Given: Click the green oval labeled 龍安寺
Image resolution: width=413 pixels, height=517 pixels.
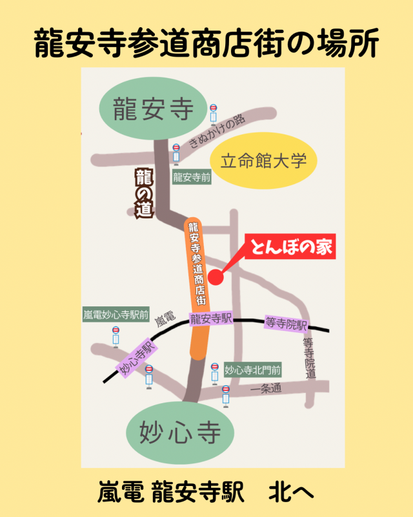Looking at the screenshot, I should click(x=153, y=110).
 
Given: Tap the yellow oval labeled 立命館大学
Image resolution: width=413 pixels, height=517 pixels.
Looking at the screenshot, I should click(x=265, y=161).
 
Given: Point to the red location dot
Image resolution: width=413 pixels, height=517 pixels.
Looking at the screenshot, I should click(x=216, y=277).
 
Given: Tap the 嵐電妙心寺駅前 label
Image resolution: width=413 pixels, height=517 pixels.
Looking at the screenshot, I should click(x=116, y=316).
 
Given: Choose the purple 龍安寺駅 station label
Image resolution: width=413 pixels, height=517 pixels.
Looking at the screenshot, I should click(x=210, y=319).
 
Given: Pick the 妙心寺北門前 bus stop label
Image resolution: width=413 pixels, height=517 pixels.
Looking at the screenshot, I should click(x=253, y=370).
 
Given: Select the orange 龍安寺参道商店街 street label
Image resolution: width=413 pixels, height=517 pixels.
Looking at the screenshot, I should click(x=197, y=262).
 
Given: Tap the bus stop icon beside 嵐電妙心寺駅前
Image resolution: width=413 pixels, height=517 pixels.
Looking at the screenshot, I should click(x=116, y=337).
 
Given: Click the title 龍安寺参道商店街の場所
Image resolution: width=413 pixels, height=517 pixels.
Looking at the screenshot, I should click(x=206, y=43).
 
